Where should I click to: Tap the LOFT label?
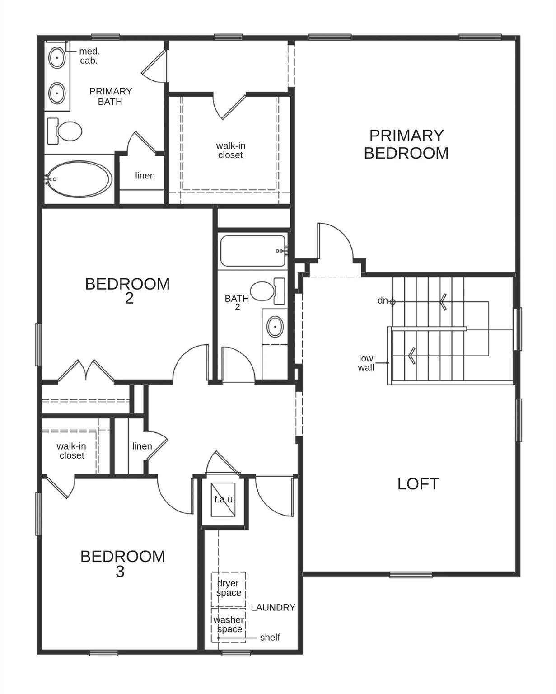point(418,484)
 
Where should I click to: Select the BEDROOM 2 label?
point(127,291)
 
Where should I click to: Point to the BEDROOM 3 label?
point(122,563)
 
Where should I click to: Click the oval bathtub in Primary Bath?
point(79,179)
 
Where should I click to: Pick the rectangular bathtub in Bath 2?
point(253,251)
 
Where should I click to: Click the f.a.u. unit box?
point(224,499)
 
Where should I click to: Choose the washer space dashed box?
point(229,625)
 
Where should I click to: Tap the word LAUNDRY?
point(273,608)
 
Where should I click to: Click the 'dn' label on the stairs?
point(383,300)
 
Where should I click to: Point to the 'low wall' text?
point(366,363)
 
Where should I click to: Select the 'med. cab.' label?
point(89,56)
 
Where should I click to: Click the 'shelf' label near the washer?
point(270,638)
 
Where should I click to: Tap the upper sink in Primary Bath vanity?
point(57,58)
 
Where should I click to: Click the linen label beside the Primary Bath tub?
point(145,175)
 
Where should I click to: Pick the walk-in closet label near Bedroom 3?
point(71,451)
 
